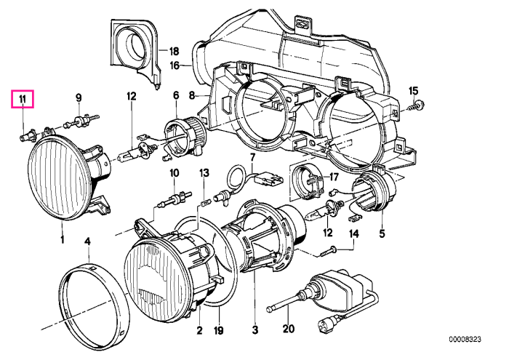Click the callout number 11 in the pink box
coord(23,100)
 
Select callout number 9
coord(79,97)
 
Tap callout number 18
coord(174,51)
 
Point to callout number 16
coord(175,65)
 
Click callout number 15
coord(414,91)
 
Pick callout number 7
coord(253,158)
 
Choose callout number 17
coord(334,177)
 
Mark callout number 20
coord(288,329)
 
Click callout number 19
coord(219,330)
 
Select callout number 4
coord(87,241)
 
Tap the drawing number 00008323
coord(465,340)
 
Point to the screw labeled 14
coord(329,250)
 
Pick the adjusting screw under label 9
coord(82,121)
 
